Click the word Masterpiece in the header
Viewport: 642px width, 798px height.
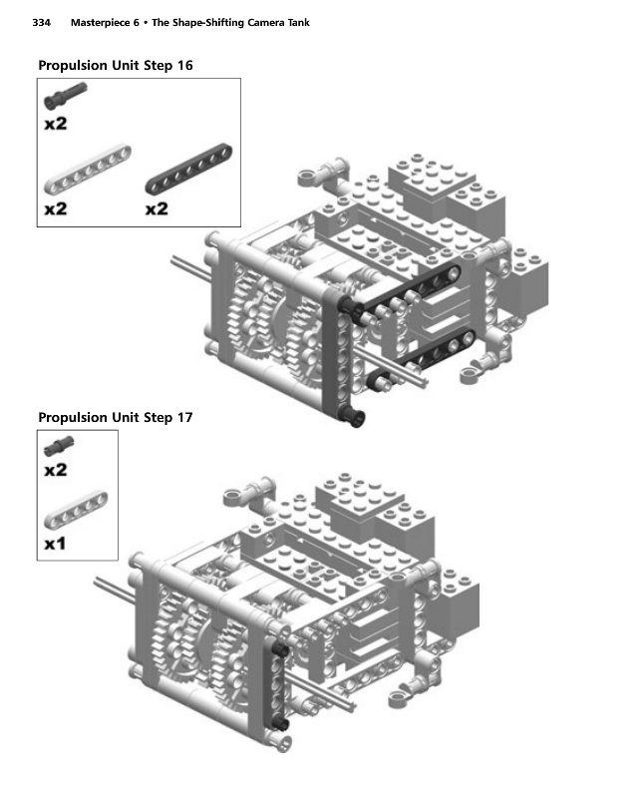click(106, 22)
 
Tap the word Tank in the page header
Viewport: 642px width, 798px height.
click(295, 22)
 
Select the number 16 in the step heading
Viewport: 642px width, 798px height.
click(181, 65)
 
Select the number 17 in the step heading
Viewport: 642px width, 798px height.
click(181, 417)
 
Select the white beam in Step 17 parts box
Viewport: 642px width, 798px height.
click(77, 510)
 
